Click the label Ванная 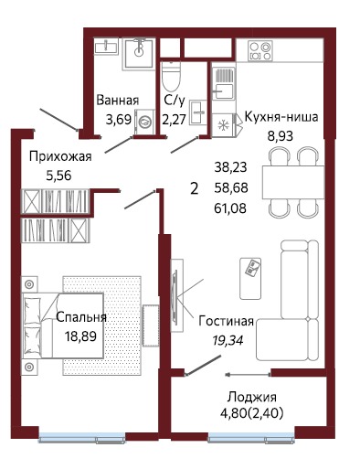118,101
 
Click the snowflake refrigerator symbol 224,124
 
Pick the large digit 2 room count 193,188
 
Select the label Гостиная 226,323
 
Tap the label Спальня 81,317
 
